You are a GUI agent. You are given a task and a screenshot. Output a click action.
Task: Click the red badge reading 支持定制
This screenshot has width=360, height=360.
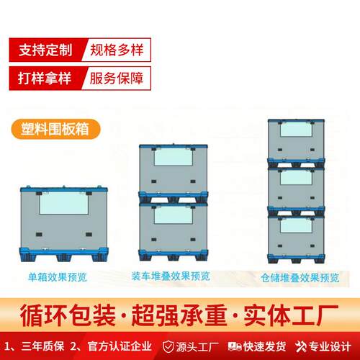(48, 50)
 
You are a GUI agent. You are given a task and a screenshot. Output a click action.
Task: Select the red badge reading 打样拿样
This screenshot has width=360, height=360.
(48, 77)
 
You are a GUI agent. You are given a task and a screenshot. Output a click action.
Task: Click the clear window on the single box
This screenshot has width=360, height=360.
(63, 204)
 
